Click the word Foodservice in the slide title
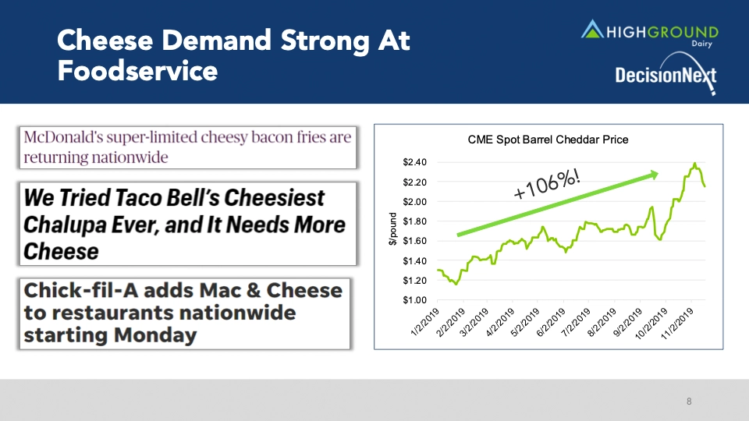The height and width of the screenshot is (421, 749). [137, 71]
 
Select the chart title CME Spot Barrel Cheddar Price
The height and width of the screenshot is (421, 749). [547, 140]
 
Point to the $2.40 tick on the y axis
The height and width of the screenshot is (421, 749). [414, 162]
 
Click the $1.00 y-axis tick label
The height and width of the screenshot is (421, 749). [414, 299]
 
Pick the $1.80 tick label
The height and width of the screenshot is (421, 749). [414, 221]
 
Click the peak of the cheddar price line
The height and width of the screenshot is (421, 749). [694, 163]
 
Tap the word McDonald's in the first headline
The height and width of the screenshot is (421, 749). [59, 137]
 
